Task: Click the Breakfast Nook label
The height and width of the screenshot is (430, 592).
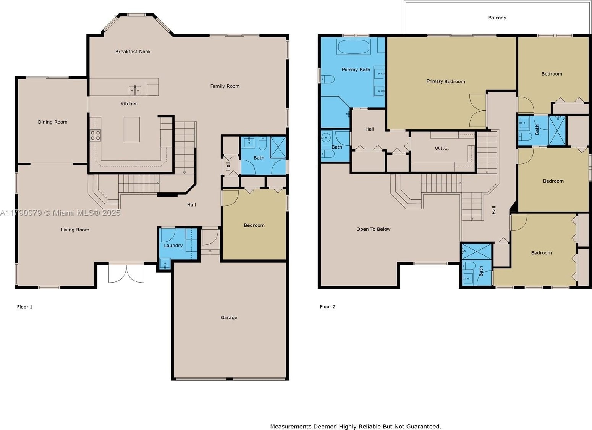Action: pos(133,52)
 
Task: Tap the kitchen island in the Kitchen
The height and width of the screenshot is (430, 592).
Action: pos(132,129)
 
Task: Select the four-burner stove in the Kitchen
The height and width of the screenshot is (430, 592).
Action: pos(95,135)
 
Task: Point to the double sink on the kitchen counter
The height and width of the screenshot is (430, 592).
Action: pos(135,91)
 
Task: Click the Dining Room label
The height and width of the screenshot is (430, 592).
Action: pos(53,122)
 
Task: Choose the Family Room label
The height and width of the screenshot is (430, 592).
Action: pos(225,86)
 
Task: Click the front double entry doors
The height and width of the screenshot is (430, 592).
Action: pos(126,273)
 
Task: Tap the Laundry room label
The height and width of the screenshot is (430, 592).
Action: pos(173,246)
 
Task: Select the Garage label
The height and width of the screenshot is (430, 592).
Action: pos(229,318)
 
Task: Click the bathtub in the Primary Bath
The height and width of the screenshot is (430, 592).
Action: pos(354,47)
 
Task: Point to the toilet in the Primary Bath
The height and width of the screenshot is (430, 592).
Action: pos(327,79)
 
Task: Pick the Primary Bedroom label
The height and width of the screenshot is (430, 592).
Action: pos(446,81)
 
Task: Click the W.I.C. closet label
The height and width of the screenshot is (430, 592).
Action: pos(442,148)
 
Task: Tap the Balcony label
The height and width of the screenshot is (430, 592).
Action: pos(497,18)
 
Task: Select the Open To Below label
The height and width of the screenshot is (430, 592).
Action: pos(373,229)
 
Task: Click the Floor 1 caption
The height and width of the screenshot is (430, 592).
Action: pos(24,307)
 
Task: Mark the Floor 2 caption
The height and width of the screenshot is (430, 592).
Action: pos(327,307)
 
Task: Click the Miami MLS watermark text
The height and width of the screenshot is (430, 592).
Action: pos(60,213)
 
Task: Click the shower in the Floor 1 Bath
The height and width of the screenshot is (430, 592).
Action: pos(278,147)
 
